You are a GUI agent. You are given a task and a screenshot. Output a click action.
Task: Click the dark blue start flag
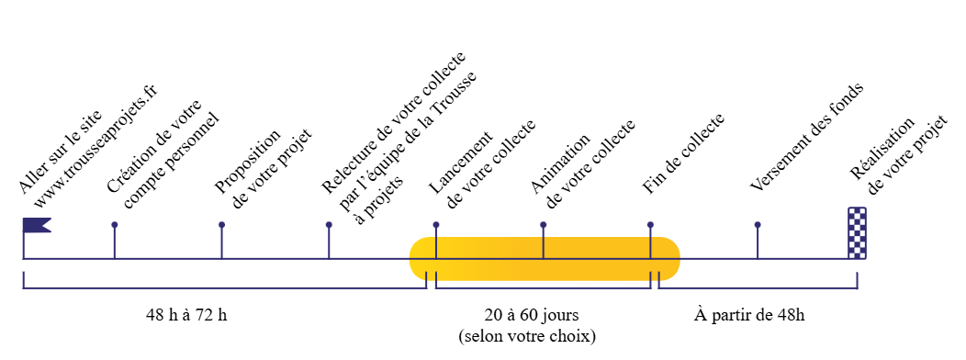(x=36, y=225)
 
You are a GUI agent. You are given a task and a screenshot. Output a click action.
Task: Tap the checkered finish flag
(x=857, y=234)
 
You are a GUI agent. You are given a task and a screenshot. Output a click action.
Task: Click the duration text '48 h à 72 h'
(x=186, y=315)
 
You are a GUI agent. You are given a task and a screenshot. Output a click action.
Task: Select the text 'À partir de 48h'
(x=749, y=315)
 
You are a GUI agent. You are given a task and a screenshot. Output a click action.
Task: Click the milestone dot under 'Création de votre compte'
(x=115, y=225)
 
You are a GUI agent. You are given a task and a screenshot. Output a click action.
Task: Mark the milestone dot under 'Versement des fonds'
(x=758, y=225)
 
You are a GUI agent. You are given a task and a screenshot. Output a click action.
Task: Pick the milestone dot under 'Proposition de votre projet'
(x=221, y=225)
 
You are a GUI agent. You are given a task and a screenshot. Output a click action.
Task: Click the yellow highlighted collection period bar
(x=544, y=259)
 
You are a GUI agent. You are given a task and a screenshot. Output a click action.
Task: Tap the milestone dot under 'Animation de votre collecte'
(x=544, y=225)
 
